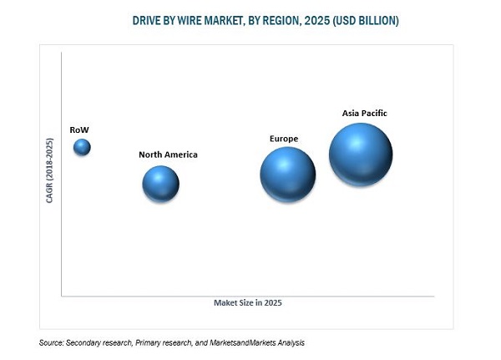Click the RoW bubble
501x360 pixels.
tap(82, 148)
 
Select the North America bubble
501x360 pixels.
tap(160, 184)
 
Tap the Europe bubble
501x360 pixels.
tap(287, 175)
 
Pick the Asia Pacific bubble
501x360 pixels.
tap(360, 154)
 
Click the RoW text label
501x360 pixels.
tap(80, 129)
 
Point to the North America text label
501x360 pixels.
tap(168, 155)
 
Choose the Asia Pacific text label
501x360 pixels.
tap(365, 113)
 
